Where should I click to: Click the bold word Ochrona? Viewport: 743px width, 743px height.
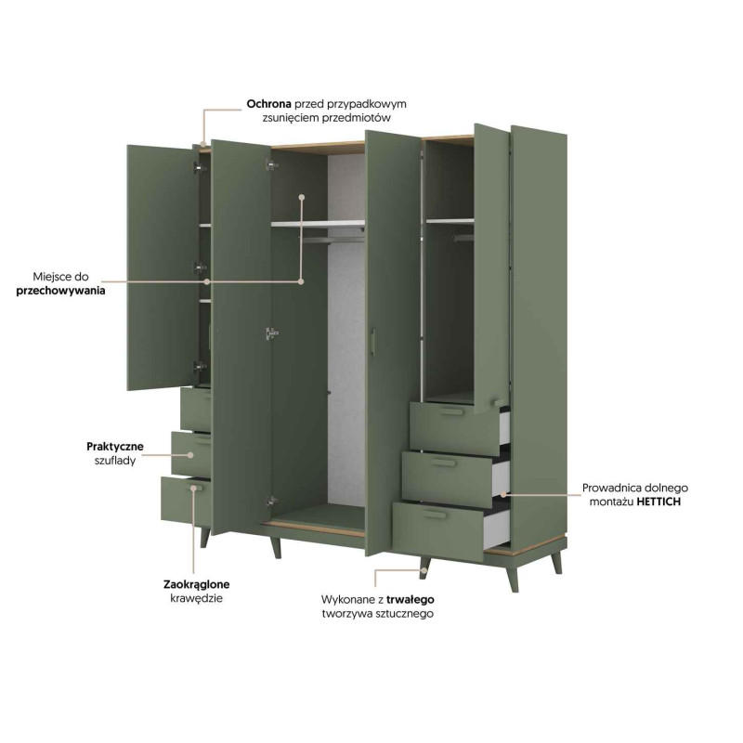[x=268, y=104]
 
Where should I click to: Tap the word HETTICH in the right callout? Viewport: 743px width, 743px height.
[x=658, y=502]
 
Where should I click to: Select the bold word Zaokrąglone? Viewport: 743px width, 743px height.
[x=197, y=584]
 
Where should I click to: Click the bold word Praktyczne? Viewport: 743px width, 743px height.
[x=115, y=447]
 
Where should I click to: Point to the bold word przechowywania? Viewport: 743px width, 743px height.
[x=60, y=291]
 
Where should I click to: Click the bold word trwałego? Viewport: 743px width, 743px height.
[x=411, y=599]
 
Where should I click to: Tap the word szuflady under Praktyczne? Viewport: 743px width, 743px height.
[x=115, y=461]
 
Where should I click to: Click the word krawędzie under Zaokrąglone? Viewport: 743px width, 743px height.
[x=196, y=598]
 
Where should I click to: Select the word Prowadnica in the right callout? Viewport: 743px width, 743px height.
[x=611, y=489]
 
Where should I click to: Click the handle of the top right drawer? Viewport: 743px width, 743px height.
[x=451, y=411]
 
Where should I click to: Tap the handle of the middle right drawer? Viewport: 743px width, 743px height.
[x=443, y=462]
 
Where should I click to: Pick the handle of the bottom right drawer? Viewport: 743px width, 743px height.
[x=434, y=515]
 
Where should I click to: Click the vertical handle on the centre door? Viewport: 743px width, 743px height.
[x=373, y=341]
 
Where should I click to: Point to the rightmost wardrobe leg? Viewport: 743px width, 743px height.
[x=557, y=562]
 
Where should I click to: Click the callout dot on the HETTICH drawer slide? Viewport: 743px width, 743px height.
[x=503, y=495]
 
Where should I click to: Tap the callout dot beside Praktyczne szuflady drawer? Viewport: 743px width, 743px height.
[x=190, y=455]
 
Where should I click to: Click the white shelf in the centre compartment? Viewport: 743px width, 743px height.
[x=318, y=223]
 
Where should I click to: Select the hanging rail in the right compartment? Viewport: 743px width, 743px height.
[x=463, y=238]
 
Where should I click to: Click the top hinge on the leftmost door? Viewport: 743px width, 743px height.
[x=200, y=167]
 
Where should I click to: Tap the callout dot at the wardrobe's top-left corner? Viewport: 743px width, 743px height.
[x=203, y=144]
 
